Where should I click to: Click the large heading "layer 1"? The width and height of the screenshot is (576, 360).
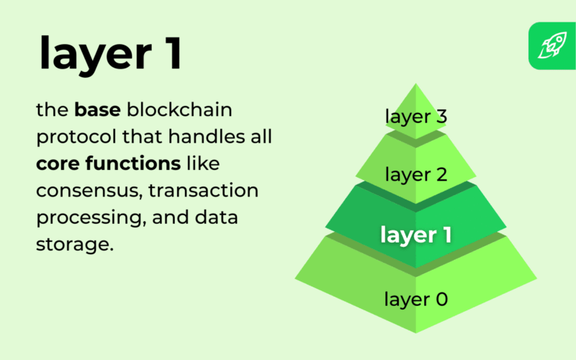[x=110, y=53]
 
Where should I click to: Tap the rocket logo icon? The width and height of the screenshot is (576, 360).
[x=552, y=45]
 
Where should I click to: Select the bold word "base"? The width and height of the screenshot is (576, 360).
[x=97, y=109]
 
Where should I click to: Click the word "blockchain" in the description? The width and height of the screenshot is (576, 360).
[x=179, y=109]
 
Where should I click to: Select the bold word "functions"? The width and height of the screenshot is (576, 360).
[x=133, y=163]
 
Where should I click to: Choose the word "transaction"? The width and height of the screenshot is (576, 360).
[x=204, y=190]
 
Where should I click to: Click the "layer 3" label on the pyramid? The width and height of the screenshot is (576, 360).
[x=416, y=117]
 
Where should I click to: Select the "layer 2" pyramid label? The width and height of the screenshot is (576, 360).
[x=416, y=174]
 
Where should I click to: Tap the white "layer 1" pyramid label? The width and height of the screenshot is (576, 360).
[x=416, y=235]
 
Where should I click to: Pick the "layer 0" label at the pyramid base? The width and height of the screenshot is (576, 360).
[x=416, y=299]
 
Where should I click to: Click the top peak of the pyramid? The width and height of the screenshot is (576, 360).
[x=416, y=84]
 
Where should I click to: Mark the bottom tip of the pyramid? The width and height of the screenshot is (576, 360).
[x=416, y=333]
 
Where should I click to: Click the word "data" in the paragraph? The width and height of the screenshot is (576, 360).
[x=217, y=217]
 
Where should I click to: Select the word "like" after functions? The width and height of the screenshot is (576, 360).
[x=203, y=163]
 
